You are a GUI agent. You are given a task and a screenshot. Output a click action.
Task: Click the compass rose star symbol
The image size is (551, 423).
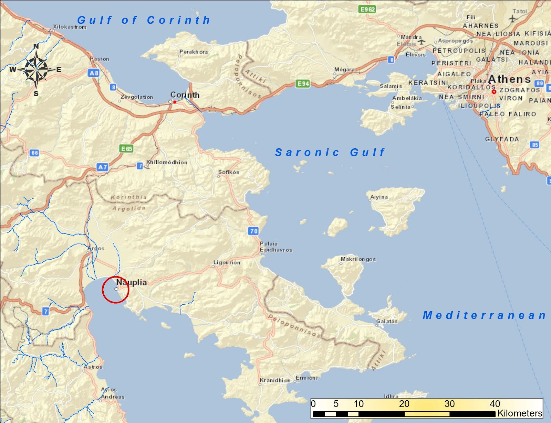coord(36,69)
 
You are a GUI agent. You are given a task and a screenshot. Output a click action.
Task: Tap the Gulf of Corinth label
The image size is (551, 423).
coord(144,20)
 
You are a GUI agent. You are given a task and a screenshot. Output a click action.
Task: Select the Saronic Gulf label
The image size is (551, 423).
coord(330,152)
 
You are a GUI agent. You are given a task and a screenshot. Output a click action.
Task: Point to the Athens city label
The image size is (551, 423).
coord(509,79)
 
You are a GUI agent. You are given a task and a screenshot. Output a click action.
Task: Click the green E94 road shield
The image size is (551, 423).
coord(303,84)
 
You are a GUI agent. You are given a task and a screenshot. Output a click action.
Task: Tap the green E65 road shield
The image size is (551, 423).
coord(126,149)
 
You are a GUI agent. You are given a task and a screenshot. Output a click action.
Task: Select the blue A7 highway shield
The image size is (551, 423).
coord(103,167)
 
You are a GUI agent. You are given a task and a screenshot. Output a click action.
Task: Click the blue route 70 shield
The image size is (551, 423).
coord(253,231)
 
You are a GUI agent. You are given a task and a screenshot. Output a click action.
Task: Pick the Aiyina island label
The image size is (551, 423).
coord(379,197)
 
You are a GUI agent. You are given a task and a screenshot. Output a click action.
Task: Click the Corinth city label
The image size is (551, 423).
coord(185,95)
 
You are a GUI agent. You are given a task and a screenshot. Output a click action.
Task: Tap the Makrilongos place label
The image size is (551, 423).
coord(358,259)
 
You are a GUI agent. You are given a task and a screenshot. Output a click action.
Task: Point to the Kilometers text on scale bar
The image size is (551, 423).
coord(519,413)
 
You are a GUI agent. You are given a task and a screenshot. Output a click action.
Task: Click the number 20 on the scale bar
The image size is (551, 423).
coord(404,404)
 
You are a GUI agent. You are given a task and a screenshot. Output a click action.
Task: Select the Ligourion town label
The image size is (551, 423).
coord(227,262)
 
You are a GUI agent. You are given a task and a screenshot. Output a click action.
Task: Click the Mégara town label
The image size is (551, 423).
coord(344,69)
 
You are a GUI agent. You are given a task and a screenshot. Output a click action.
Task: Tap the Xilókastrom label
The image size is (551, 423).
coord(70,27)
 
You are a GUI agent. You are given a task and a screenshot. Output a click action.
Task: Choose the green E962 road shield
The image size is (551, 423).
coord(367,9)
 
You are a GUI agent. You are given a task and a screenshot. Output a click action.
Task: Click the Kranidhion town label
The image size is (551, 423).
coord(275,380)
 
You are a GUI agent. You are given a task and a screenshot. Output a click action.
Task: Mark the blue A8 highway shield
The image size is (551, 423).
coord(94,73)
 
